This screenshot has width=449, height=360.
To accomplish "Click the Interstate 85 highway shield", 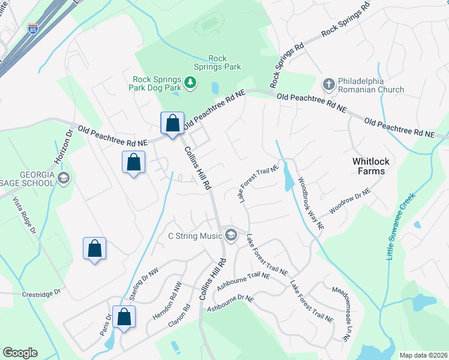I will pos(32,28).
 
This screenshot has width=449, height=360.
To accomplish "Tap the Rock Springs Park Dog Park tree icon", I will pos(190,82).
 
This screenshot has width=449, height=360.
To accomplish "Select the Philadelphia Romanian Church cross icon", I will pos(328,84).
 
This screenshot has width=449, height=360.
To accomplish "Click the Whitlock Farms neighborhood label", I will pos(368,166).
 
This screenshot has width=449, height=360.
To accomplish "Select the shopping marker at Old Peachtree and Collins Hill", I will pos(172,124).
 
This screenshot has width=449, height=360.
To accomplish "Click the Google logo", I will pos(20,353).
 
